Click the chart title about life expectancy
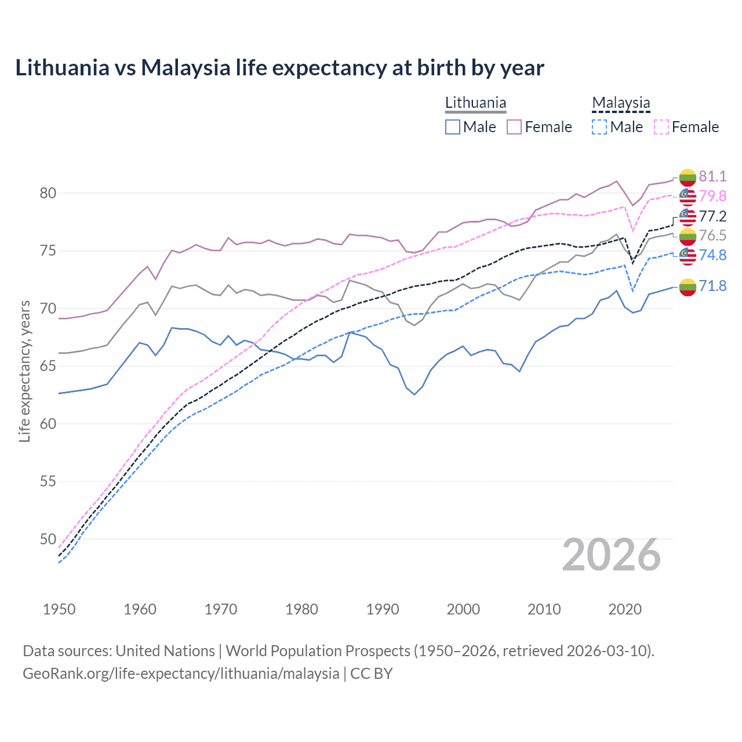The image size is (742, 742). click(x=279, y=68)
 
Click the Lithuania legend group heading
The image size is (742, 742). click(x=475, y=103)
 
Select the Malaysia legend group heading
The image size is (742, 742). click(x=621, y=103)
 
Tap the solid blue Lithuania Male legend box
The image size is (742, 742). click(x=453, y=127)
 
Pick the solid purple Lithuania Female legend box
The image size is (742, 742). click(x=514, y=127)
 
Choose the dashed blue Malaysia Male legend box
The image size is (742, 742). click(x=599, y=127)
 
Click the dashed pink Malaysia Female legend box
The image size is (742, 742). click(x=661, y=127)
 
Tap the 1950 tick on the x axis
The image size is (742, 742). click(x=59, y=609)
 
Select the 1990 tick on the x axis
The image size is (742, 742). click(x=383, y=609)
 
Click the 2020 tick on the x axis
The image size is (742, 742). click(x=625, y=609)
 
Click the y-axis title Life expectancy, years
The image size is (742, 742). click(x=24, y=371)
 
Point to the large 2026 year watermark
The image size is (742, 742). click(x=612, y=555)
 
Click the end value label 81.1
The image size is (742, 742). click(x=712, y=176)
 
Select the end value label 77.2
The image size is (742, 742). click(x=712, y=216)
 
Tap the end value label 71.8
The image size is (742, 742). click(x=712, y=286)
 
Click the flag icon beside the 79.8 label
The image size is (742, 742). click(x=688, y=197)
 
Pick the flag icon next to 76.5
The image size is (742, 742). click(x=688, y=236)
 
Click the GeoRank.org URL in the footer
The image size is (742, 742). click(x=181, y=674)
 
